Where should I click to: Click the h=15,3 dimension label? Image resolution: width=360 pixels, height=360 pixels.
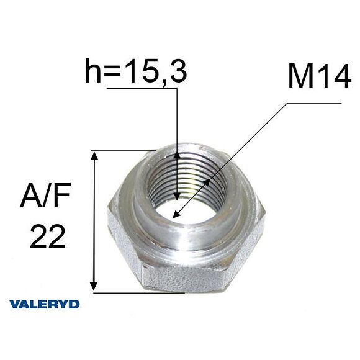point(135,72)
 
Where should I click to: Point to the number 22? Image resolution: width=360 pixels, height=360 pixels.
point(48,236)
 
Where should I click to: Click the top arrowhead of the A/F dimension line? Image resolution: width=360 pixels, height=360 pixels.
point(94,155)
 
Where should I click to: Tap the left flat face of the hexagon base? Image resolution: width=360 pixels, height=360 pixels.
point(121,239)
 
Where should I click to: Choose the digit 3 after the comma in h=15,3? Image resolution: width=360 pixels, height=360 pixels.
point(177,72)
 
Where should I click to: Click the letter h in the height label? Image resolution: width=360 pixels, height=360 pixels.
point(92,72)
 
